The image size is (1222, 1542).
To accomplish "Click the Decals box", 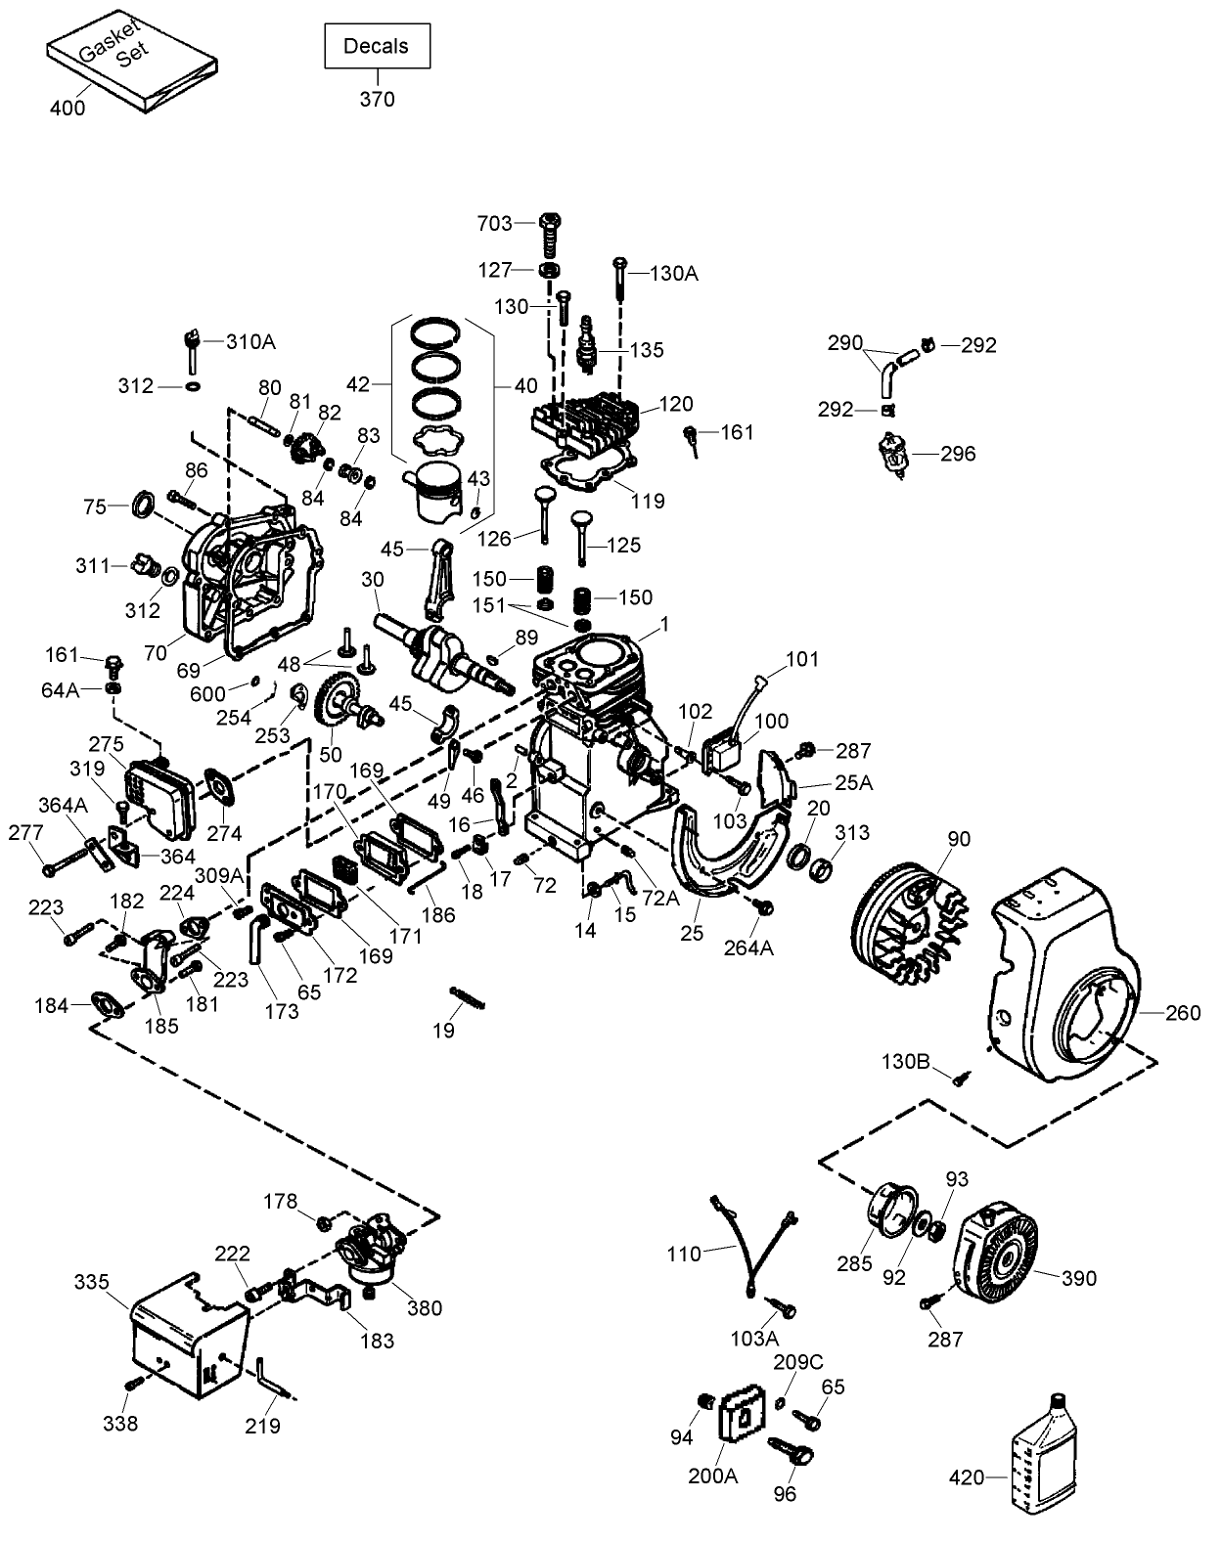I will (x=377, y=46).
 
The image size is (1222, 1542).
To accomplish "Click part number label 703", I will (x=495, y=224).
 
